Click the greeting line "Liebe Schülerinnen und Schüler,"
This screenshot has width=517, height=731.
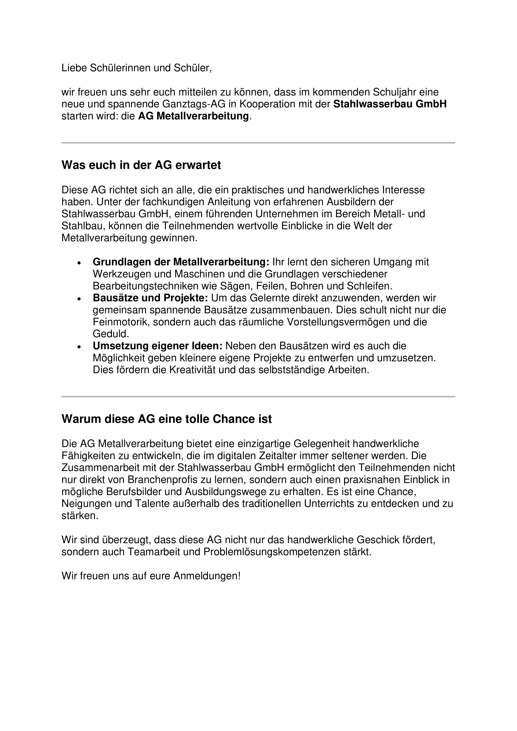136,68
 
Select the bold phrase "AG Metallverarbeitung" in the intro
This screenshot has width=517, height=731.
193,116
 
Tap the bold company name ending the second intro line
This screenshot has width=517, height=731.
390,104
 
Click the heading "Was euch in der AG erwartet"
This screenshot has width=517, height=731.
141,165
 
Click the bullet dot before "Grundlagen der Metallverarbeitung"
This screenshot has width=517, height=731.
79,263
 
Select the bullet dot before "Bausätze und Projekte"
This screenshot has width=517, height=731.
79,299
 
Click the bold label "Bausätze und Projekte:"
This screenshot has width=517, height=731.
150,298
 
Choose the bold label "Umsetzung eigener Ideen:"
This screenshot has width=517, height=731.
158,346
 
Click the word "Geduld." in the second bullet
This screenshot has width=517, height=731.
111,334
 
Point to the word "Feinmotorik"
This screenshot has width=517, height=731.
121,322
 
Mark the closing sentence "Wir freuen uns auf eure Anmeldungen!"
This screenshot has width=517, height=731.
151,576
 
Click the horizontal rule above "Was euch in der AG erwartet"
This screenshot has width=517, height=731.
258,143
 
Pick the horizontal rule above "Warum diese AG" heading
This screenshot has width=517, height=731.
258,397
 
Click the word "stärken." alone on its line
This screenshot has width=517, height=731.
80,516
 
